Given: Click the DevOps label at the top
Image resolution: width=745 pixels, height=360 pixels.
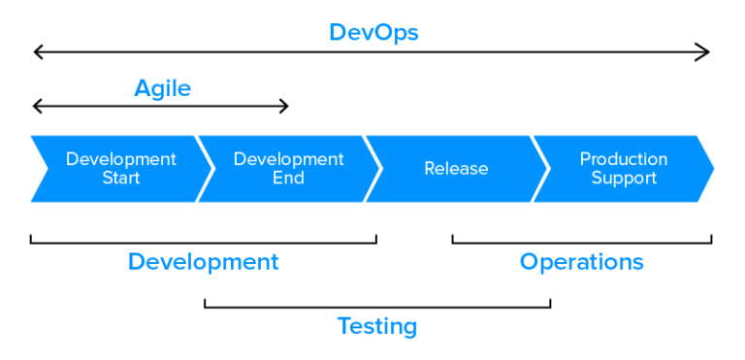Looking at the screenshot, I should coord(373,32).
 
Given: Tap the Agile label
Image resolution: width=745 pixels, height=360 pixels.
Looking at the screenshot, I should coord(162,88).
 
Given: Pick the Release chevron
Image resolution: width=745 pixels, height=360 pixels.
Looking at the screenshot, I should coord(456,169).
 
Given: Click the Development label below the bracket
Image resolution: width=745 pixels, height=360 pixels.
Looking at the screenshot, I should coord(203,261).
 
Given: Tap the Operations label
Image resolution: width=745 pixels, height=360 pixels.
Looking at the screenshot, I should coord(581,261).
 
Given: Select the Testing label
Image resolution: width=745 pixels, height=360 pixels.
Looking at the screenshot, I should coord(377,326).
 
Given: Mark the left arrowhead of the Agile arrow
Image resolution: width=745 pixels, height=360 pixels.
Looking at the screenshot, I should coord(37,106).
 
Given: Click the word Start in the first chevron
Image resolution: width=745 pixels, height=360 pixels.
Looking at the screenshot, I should coord(121,179).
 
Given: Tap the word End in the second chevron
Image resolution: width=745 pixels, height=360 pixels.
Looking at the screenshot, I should coord(288,179).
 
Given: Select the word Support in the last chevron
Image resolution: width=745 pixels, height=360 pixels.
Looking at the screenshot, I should coord(624,179).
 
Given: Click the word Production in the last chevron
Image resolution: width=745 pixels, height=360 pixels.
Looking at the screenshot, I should coord(624,159).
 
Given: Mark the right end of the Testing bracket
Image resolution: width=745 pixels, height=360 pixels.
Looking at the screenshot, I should coord(550,305).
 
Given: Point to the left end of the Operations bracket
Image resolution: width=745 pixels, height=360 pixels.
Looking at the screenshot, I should coord(453,239).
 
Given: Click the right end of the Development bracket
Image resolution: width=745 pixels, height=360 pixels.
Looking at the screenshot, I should coord(375,239).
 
